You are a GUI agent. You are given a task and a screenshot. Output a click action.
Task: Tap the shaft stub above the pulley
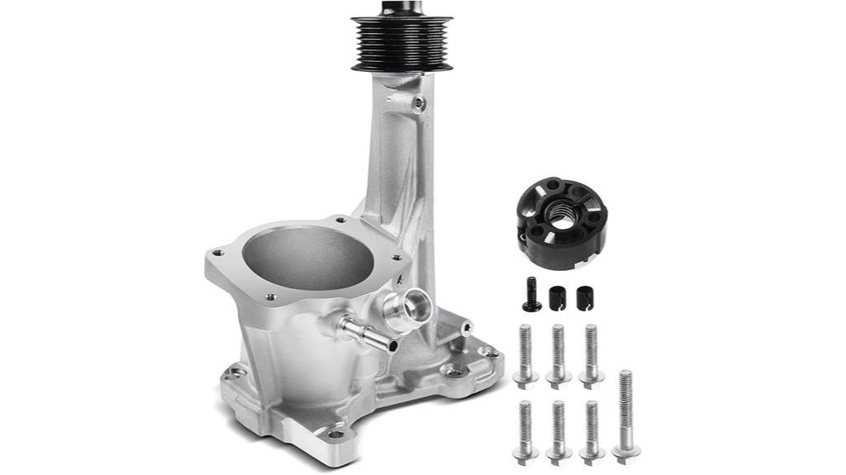click(x=402, y=7)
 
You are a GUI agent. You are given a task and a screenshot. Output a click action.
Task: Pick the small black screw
click(x=531, y=295)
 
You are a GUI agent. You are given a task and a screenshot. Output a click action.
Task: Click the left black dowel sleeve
click(x=557, y=297)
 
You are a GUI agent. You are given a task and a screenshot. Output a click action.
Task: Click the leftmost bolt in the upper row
click(x=525, y=355)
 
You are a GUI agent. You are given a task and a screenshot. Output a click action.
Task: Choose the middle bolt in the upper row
click(x=558, y=355)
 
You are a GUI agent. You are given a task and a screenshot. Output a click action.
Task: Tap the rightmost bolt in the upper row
click(x=591, y=355)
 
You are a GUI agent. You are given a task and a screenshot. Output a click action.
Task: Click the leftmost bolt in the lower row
click(x=525, y=430)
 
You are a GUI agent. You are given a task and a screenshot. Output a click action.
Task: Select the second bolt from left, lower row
click(x=558, y=430)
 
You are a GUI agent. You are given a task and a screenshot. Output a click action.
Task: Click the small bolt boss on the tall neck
click(x=419, y=103)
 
